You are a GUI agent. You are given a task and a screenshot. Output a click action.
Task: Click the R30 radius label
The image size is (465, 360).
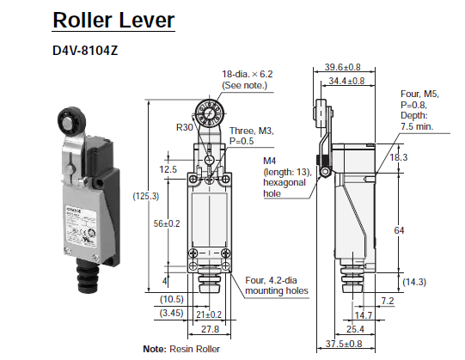coord(185,127)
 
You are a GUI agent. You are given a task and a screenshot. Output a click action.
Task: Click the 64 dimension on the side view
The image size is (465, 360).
coord(422,230)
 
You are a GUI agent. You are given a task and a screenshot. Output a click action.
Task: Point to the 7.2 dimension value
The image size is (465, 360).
coord(387,300)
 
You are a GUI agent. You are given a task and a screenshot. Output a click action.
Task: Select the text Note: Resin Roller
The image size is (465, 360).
coord(182,348)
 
